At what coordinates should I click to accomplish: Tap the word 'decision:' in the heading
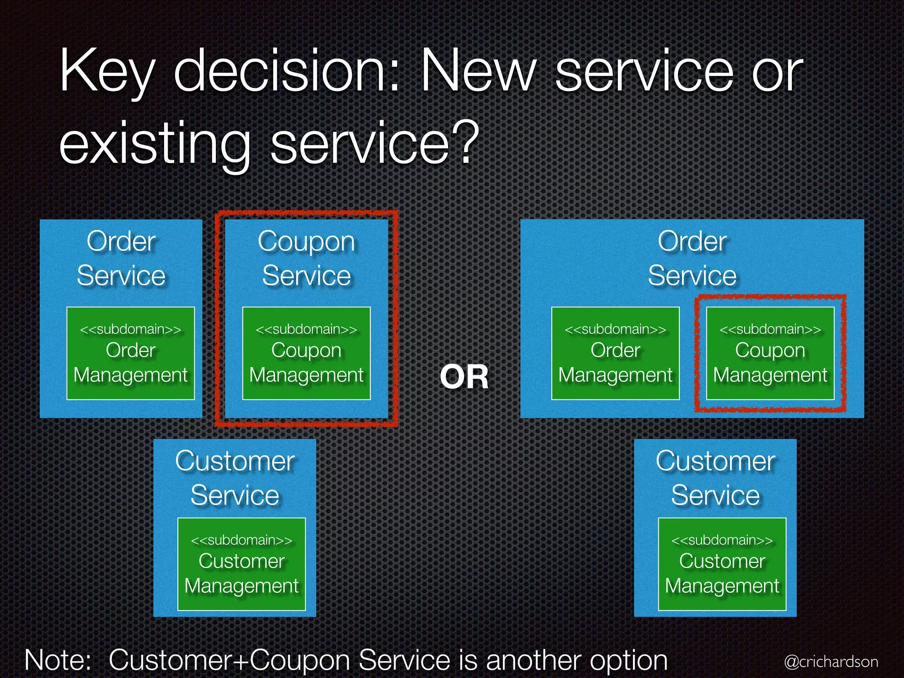click(x=286, y=71)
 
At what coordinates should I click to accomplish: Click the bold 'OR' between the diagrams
click(x=464, y=377)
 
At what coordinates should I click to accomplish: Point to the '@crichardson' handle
click(x=831, y=661)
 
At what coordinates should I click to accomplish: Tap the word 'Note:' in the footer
click(x=58, y=660)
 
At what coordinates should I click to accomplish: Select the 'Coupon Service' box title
click(x=306, y=259)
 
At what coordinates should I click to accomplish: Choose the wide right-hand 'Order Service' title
click(x=692, y=259)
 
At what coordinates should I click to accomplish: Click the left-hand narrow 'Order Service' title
click(x=121, y=259)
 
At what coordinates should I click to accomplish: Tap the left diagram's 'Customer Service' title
click(x=235, y=478)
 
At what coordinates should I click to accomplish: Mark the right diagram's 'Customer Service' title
click(x=715, y=478)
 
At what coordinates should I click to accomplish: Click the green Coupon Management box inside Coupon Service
click(x=306, y=353)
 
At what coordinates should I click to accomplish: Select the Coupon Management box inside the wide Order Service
click(x=770, y=353)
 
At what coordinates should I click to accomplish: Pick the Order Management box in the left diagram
click(x=131, y=353)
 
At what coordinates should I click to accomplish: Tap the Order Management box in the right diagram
click(x=615, y=353)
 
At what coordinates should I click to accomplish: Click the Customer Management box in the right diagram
click(x=722, y=564)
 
